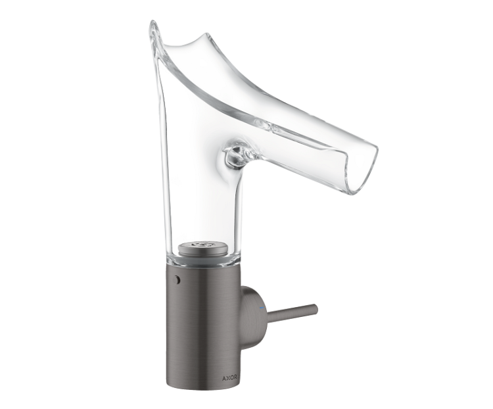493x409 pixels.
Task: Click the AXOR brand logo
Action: point(229,378)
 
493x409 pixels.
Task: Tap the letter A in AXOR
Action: point(224,378)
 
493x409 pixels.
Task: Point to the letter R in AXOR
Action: point(235,378)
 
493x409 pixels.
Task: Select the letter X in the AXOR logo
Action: point(227,378)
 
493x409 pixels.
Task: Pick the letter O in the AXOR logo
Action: point(231,378)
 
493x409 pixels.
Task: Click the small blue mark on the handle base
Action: point(261,306)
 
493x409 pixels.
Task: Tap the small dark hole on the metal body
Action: point(178,279)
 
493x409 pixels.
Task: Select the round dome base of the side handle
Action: point(254,309)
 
